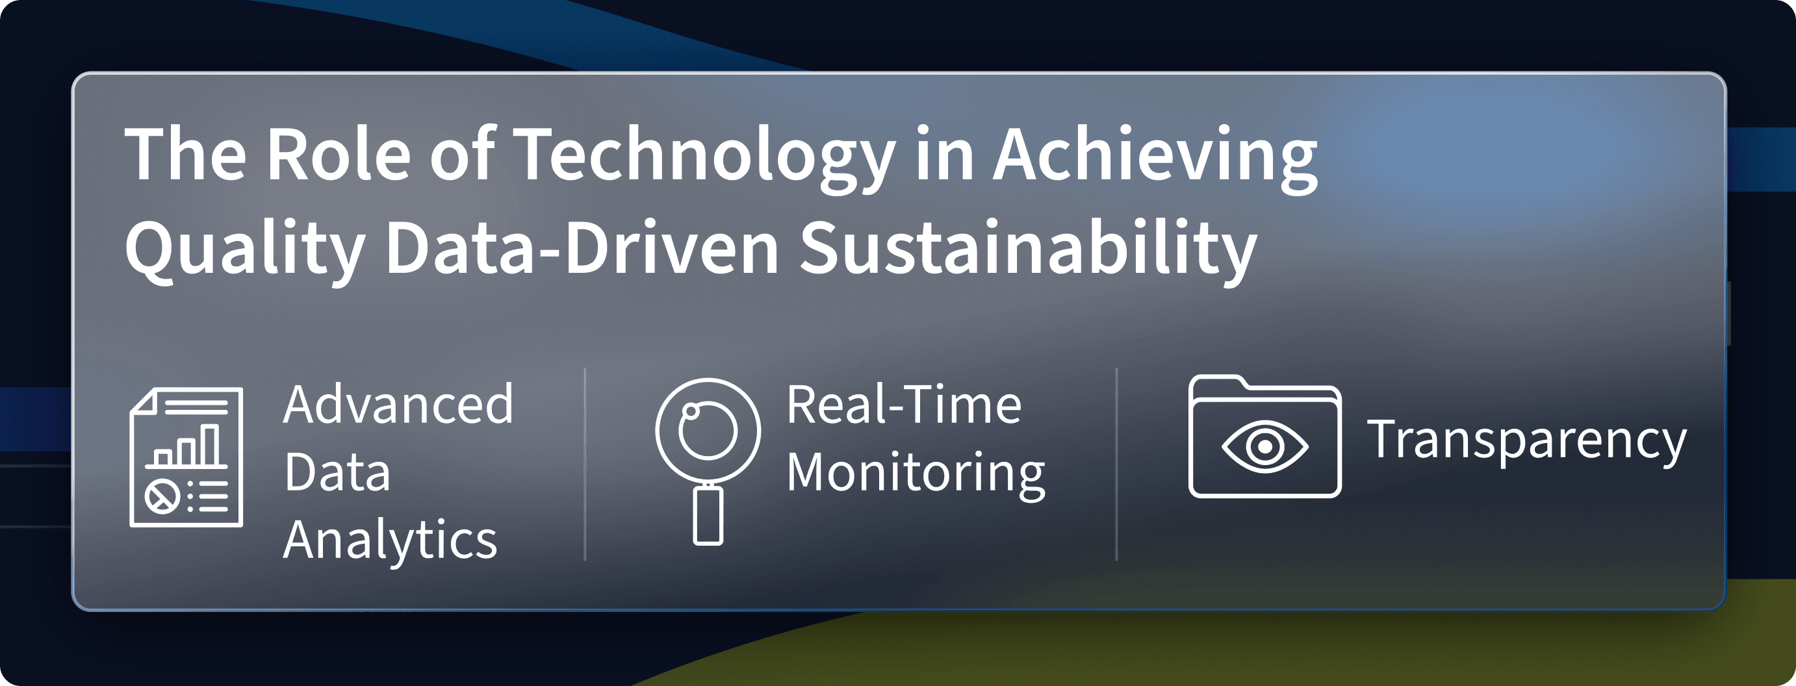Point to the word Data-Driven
click(582, 248)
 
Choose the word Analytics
click(391, 541)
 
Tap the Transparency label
click(1526, 440)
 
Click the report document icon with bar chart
click(186, 457)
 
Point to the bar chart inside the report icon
click(186, 446)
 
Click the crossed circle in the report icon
click(162, 497)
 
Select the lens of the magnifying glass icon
click(708, 430)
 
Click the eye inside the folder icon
click(1264, 446)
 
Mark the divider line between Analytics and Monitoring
click(585, 464)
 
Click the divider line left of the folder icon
click(1116, 464)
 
